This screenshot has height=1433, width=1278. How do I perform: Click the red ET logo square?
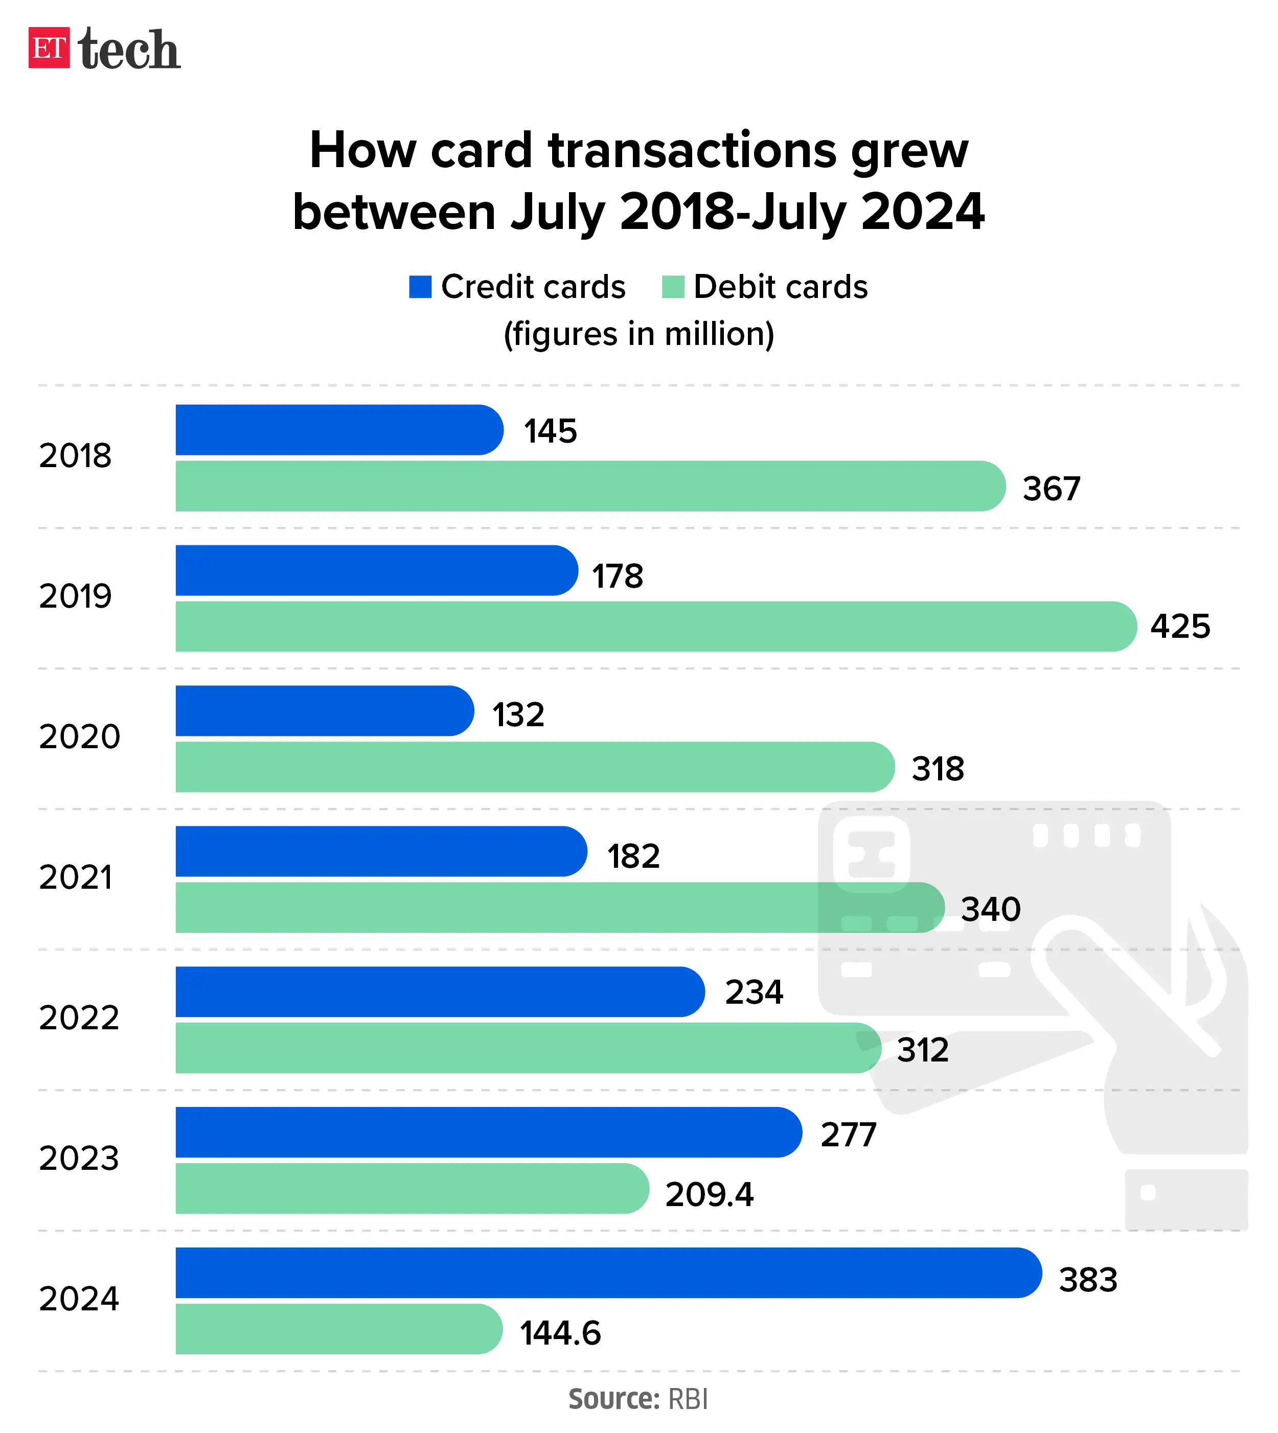click(x=49, y=48)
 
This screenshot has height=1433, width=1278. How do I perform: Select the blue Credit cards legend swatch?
click(x=420, y=287)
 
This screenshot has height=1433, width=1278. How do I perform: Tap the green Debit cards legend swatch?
click(x=673, y=287)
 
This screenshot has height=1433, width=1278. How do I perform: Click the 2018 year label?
click(x=75, y=456)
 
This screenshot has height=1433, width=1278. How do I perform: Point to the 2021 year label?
click(x=76, y=877)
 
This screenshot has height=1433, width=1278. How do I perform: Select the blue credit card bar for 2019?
click(x=376, y=570)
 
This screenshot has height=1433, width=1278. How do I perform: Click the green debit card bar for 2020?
click(x=534, y=767)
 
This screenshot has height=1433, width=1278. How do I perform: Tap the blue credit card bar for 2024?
click(x=607, y=1272)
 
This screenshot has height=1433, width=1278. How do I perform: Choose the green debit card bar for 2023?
click(x=411, y=1188)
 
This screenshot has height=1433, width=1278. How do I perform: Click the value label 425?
click(x=1180, y=626)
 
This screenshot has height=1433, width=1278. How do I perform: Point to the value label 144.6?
click(x=560, y=1333)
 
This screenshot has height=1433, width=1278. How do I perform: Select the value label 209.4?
click(x=709, y=1194)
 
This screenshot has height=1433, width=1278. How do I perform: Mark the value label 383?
click(x=1088, y=1279)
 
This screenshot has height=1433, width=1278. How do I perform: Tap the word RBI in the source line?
click(x=688, y=1399)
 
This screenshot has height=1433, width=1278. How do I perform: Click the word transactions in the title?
click(x=692, y=150)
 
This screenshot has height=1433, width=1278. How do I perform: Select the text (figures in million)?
click(x=639, y=334)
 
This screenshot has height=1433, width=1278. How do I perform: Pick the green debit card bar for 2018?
click(x=590, y=486)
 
